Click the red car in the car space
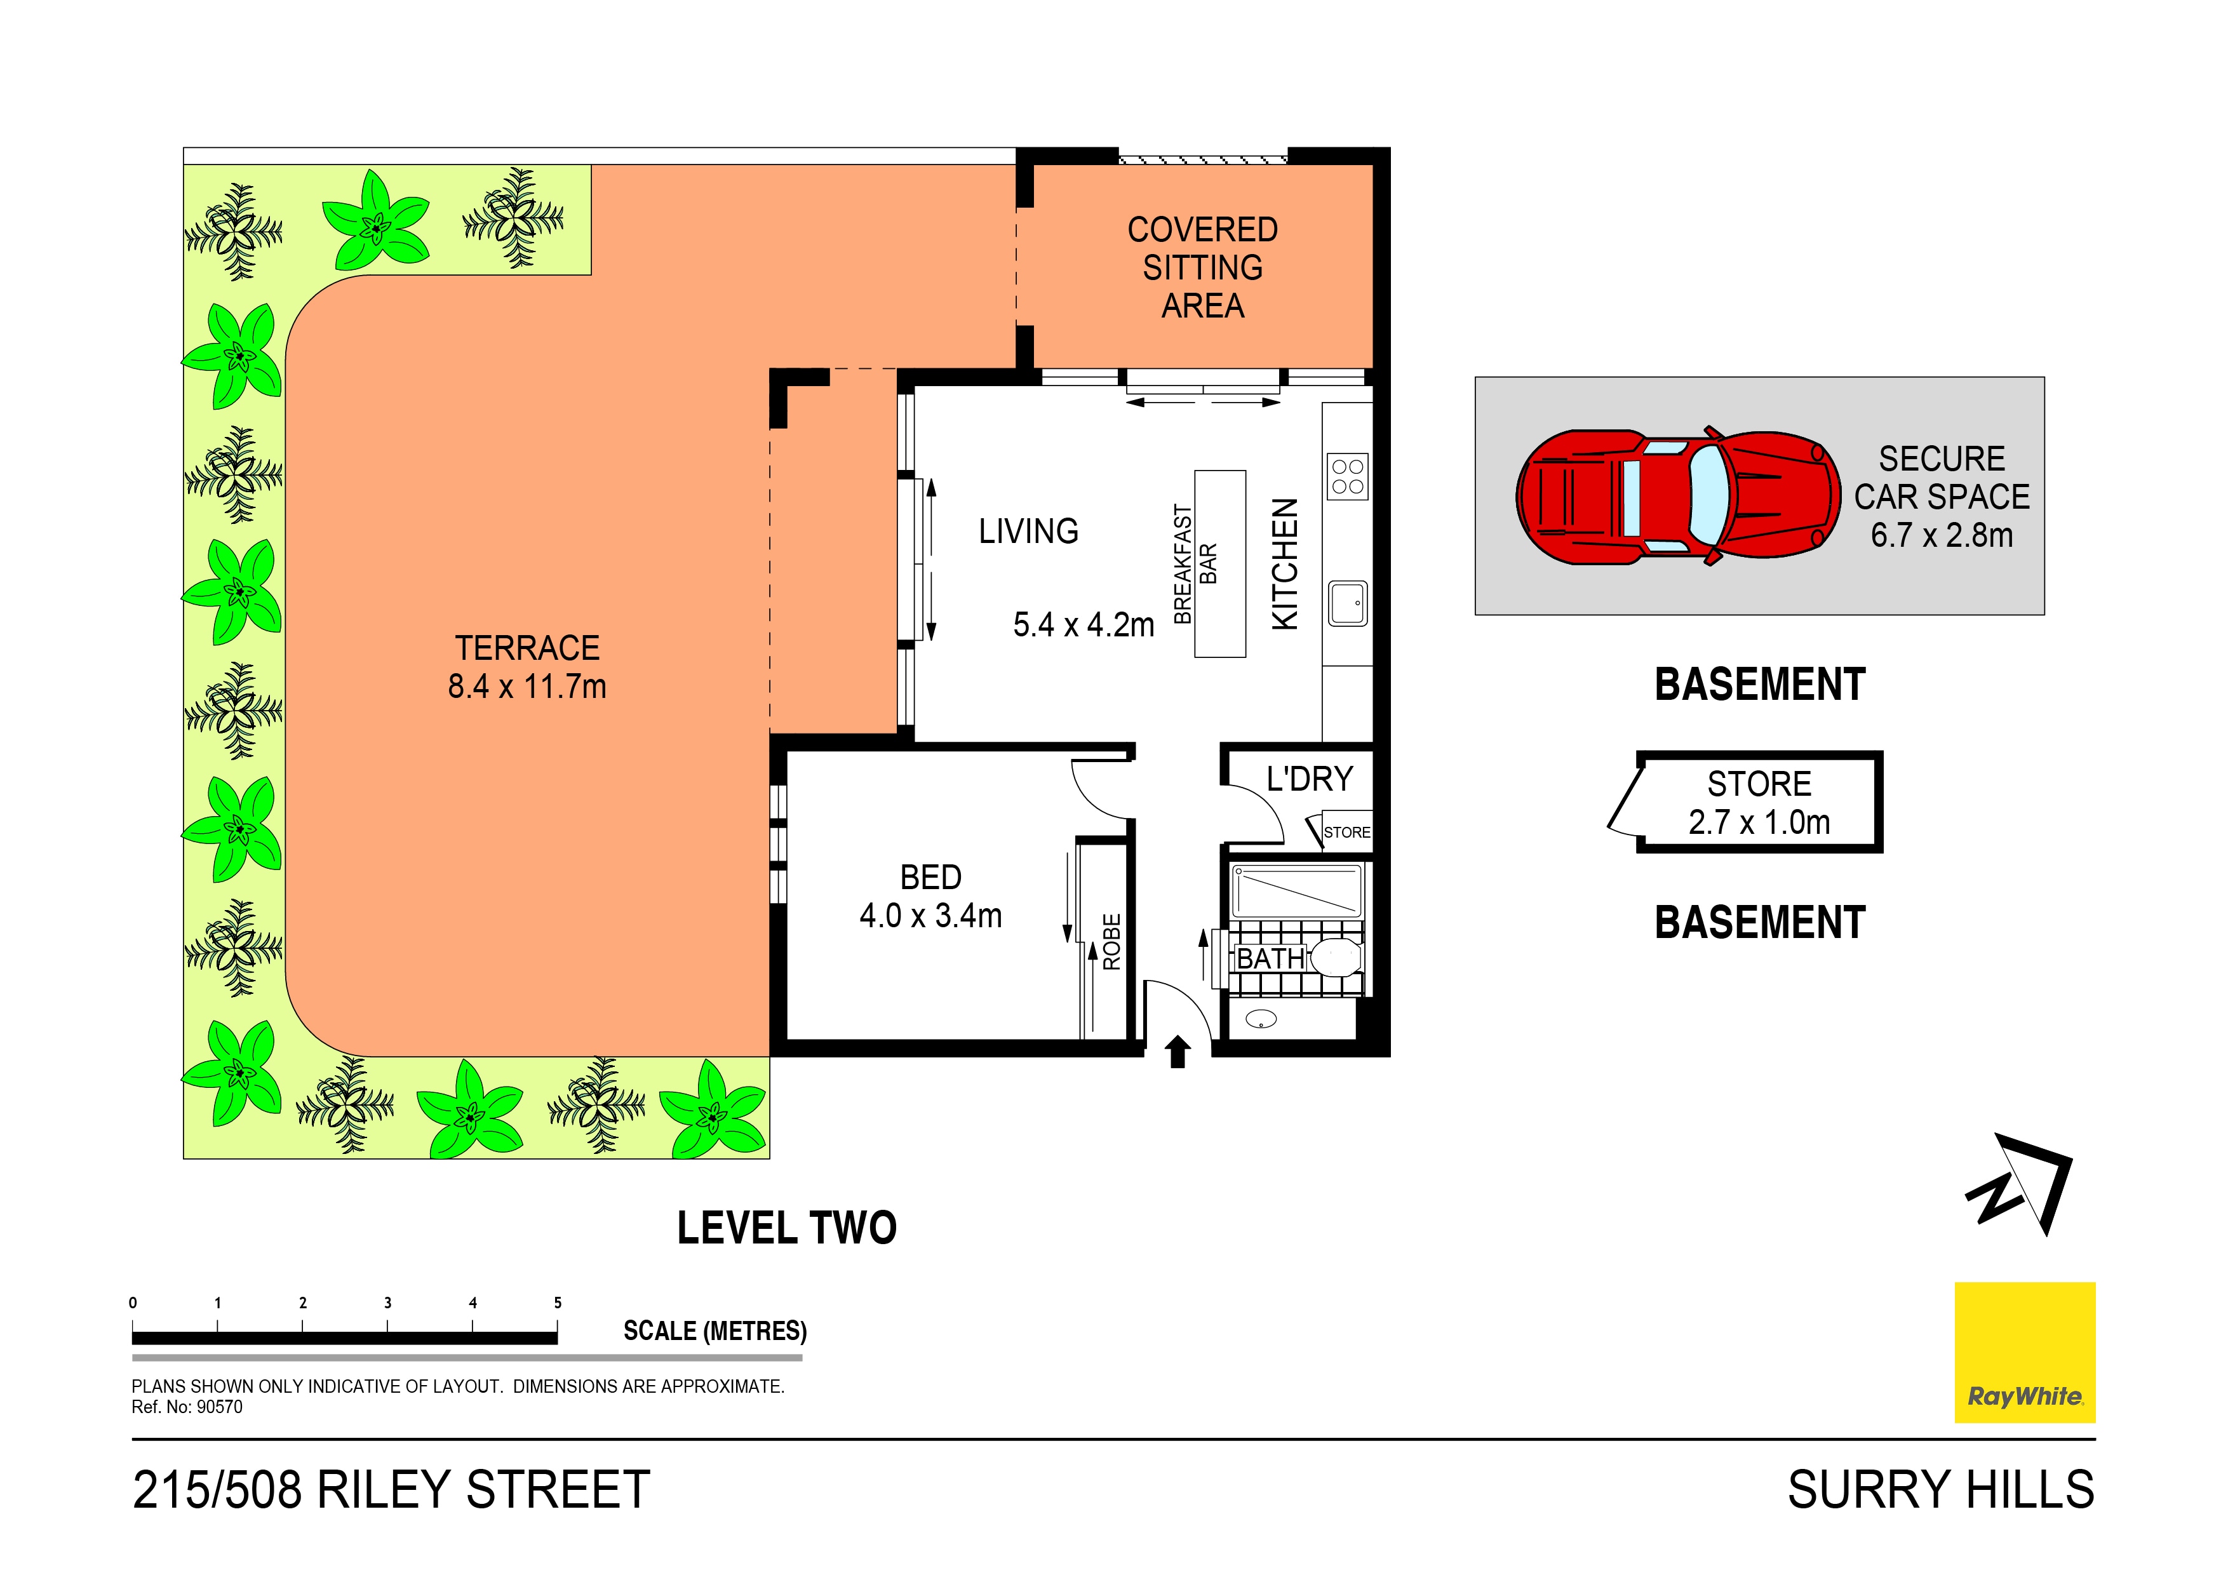(1678, 496)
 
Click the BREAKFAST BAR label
(1195, 564)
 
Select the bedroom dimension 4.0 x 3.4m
(930, 915)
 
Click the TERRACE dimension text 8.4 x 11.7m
(527, 686)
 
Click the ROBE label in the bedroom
(1112, 941)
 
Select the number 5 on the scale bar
(558, 1303)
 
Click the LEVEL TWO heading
(787, 1228)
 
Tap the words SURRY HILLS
(1941, 1490)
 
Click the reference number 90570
(219, 1407)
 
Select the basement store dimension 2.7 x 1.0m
(1759, 822)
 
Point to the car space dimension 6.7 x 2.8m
(1942, 535)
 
